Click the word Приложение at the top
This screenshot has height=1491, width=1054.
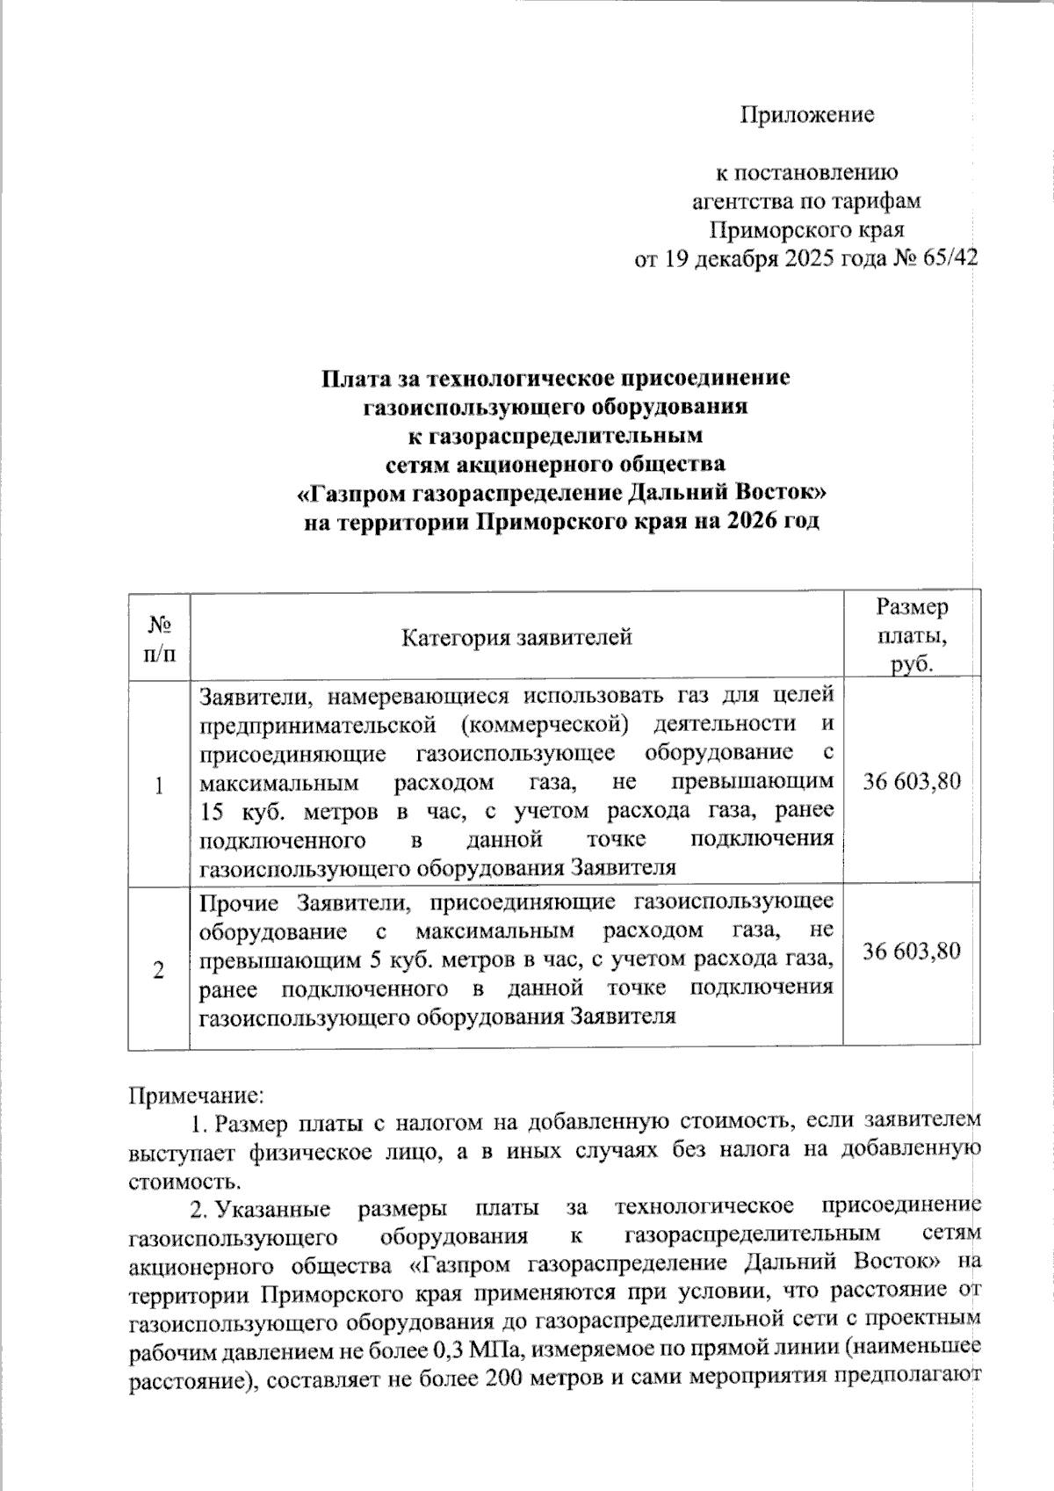point(807,115)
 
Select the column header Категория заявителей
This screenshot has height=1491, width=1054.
point(516,636)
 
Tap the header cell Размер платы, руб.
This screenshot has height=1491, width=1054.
point(912,635)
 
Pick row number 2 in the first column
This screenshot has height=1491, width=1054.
point(159,970)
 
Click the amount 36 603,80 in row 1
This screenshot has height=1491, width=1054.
point(912,781)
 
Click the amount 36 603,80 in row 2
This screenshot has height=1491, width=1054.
point(912,951)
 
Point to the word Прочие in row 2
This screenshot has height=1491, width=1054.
point(240,902)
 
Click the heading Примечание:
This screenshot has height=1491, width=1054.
point(195,1096)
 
